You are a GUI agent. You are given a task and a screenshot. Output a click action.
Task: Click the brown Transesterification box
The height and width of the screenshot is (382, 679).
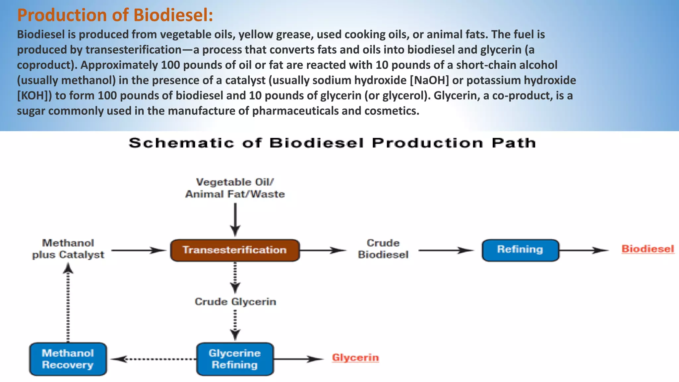coord(235,250)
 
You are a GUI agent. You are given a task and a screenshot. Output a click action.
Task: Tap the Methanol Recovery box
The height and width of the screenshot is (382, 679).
coord(68,359)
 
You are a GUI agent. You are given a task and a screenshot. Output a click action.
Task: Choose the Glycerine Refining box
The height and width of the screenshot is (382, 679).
coord(235,359)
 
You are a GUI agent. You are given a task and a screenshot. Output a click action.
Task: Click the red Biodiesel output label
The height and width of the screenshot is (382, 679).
coord(648,249)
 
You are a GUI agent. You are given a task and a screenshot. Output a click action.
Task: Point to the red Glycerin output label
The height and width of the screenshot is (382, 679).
coord(355,358)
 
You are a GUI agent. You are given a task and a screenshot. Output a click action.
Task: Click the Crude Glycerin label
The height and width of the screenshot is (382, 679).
coord(235,302)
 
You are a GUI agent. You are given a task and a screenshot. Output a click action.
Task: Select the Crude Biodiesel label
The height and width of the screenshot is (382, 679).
coord(383,249)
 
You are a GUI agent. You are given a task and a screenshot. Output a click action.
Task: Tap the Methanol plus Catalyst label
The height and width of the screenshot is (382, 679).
coord(68,249)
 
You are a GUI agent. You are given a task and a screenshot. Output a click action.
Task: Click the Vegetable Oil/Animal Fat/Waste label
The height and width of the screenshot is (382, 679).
coord(235,188)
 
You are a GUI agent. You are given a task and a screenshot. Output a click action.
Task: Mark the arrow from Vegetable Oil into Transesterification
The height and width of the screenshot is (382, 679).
coord(235,219)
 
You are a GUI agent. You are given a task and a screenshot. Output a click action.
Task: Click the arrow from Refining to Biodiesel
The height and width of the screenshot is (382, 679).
coord(584,250)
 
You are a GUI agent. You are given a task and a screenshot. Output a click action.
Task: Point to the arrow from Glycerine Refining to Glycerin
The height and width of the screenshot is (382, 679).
coord(298,359)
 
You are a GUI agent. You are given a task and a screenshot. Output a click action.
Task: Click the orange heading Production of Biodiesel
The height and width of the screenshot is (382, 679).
coord(115,15)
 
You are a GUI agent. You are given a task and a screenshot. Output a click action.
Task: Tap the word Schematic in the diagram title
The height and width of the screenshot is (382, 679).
coord(181,143)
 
